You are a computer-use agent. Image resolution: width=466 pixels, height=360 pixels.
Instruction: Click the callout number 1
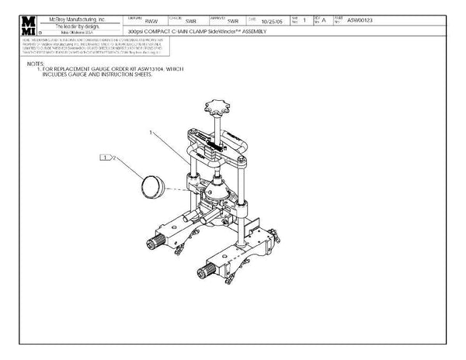click(152, 133)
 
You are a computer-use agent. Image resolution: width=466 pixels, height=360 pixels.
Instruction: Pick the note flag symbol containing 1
click(105, 157)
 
